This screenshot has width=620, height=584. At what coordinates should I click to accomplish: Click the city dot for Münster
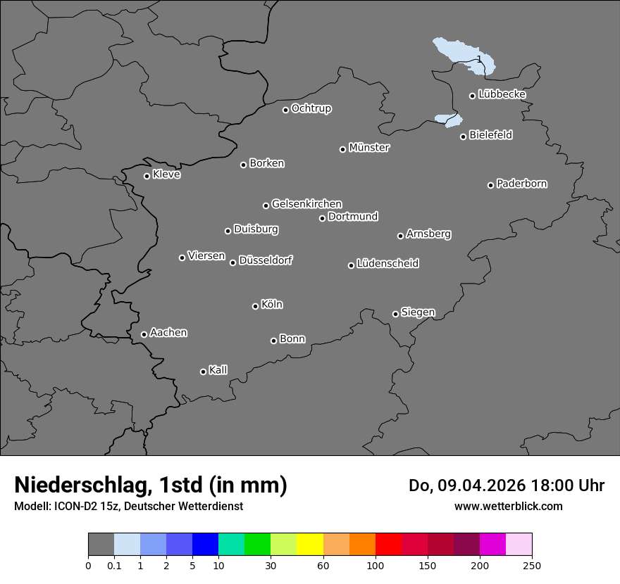[342, 149]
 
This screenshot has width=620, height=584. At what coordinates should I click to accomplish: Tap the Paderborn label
[521, 184]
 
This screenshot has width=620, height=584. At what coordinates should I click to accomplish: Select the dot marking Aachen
[144, 334]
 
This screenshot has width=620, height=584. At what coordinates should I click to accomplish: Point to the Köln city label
[272, 305]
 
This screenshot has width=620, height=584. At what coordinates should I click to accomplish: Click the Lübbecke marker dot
[472, 96]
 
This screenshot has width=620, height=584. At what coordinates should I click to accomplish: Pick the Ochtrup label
[311, 108]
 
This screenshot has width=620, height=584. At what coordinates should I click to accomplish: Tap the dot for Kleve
[147, 176]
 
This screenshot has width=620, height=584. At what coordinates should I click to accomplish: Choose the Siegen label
[418, 312]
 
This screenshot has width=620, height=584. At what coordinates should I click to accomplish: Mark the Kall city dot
[203, 372]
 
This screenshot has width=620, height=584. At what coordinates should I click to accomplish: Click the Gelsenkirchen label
[306, 204]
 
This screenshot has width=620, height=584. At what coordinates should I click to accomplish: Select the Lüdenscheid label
[387, 264]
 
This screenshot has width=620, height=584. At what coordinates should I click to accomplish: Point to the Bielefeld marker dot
[463, 137]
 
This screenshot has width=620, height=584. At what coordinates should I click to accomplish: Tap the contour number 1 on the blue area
[479, 59]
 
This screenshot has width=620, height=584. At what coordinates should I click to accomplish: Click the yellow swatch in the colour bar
[310, 545]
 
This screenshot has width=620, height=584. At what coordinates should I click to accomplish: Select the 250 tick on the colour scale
[532, 564]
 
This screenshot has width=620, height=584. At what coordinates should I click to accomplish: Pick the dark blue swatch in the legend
[205, 545]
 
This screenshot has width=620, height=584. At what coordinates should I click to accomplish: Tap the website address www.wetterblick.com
[508, 506]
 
